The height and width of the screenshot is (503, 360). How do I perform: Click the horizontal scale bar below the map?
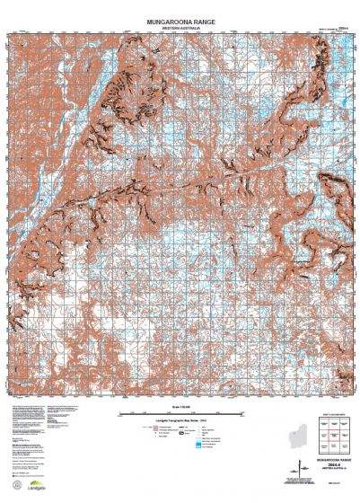point(180,412)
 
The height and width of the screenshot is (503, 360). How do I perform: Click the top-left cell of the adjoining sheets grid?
point(319,423)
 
